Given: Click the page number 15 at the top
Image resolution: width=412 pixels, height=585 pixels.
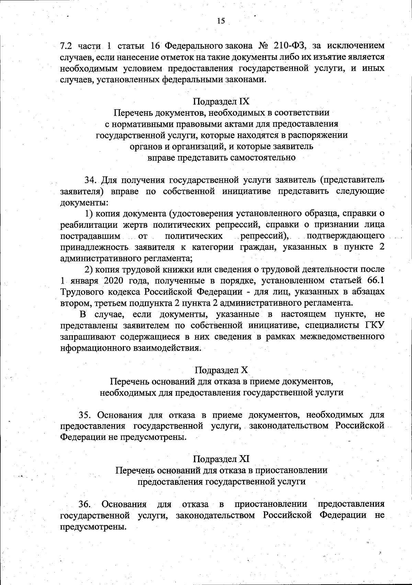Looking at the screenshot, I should tap(221, 21).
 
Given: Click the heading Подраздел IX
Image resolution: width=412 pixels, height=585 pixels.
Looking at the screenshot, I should tap(221, 101).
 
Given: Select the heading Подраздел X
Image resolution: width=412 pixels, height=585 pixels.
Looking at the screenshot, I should tap(221, 370).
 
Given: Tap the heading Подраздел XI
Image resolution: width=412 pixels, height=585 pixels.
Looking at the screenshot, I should tap(221, 459).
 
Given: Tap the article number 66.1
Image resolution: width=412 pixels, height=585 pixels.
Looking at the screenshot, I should tap(375, 281).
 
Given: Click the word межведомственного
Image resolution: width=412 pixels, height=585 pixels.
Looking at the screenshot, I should tap(342, 336).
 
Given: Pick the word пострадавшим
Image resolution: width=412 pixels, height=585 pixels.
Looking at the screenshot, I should tap(90, 236).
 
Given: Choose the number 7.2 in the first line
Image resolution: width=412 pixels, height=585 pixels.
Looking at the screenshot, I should tap(66, 46).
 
